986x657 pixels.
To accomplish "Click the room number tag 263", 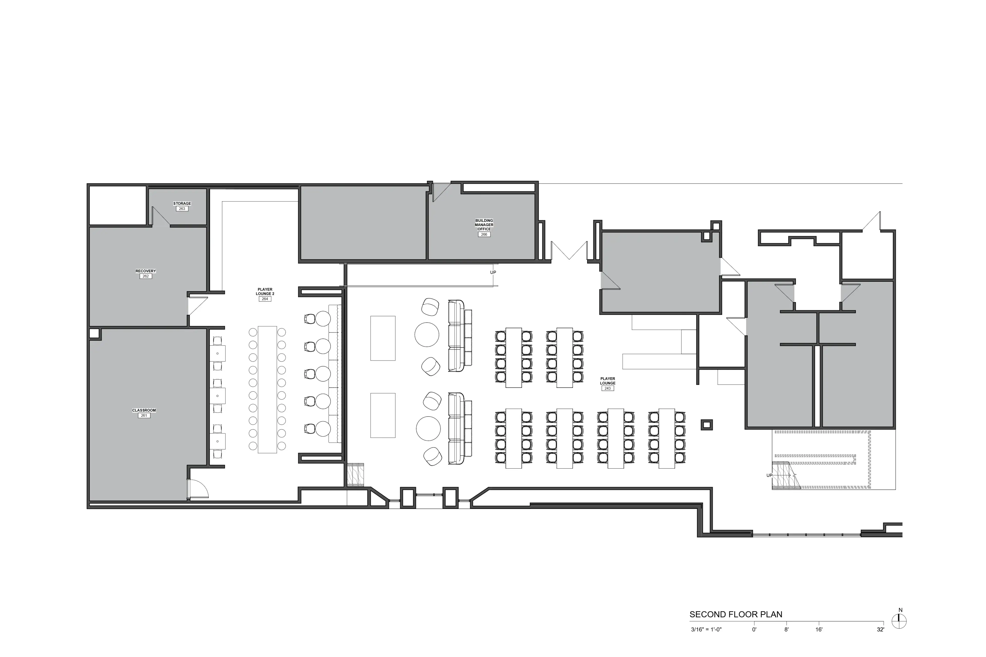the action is pos(182,209).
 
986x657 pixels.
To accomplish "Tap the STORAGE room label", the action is pos(182,204).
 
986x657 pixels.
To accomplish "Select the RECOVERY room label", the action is pos(146,271).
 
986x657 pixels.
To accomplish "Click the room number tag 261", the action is pos(144,416).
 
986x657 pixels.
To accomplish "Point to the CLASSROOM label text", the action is pos(144,411).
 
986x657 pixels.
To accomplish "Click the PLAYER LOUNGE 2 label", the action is pos(265,292).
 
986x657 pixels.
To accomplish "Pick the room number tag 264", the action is pos(265,299).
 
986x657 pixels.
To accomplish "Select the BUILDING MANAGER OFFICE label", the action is pos(484,225).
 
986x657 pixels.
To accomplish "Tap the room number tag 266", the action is pos(484,235).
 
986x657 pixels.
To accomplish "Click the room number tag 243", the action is pos(608,388).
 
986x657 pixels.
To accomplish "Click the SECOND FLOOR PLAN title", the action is pos(736,615).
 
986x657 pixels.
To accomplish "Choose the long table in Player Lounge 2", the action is pos(267,389).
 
